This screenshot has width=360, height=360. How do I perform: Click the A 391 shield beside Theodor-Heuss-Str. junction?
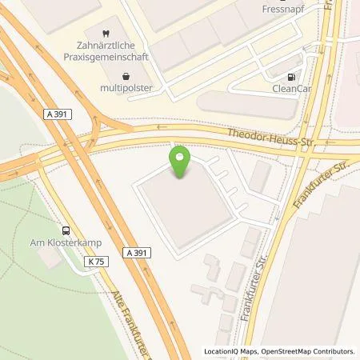click(x=58, y=115)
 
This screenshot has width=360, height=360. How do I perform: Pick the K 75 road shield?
click(x=98, y=262)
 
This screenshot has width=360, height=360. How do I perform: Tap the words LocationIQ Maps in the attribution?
click(x=229, y=351)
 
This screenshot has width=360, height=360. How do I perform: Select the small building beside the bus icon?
click(x=50, y=258)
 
